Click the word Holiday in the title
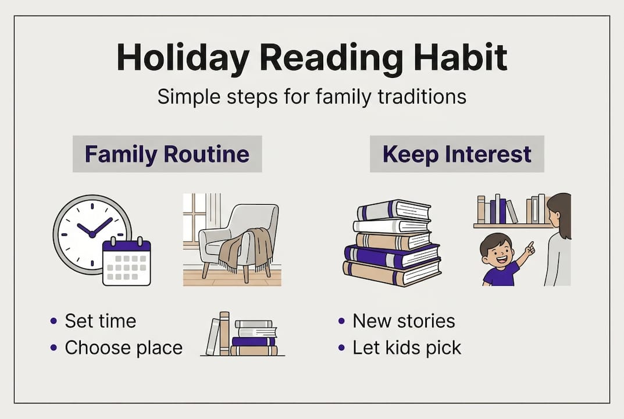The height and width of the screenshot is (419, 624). tap(183, 58)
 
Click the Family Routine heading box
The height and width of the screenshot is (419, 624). tap(167, 154)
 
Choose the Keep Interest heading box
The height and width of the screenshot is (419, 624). tap(457, 154)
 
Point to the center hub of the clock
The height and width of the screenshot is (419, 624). tap(92, 235)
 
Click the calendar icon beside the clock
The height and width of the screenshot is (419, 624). tap(127, 262)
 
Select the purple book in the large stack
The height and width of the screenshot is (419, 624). tap(392, 256)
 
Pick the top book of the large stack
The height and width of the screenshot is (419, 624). tap(393, 210)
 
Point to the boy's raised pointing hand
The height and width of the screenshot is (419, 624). tap(530, 248)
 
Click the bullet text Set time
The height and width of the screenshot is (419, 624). tap(100, 321)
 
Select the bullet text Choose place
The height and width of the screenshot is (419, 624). tap(123, 347)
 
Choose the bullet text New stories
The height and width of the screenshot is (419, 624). tap(404, 321)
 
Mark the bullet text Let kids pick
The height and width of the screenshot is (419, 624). tap(407, 347)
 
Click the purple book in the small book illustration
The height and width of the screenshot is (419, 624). tap(254, 342)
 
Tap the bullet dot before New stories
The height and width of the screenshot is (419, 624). tap(341, 321)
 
